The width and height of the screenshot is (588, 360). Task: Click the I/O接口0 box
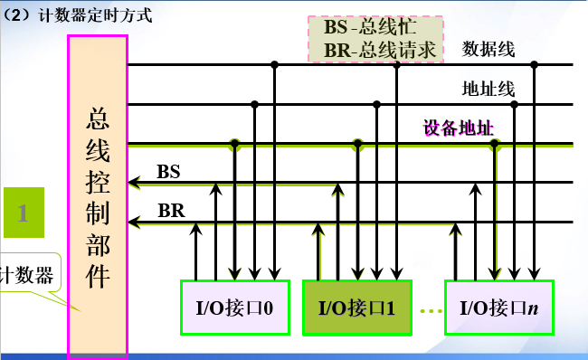click(x=235, y=307)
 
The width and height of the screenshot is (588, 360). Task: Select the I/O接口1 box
click(x=356, y=307)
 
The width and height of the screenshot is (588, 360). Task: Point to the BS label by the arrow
click(x=168, y=171)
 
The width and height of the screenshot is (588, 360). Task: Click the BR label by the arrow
click(x=171, y=210)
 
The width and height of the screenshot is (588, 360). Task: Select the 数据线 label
click(x=488, y=49)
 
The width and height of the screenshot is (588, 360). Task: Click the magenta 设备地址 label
click(x=459, y=128)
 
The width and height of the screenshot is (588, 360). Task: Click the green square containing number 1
click(x=25, y=213)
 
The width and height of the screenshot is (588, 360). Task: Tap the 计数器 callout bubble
click(x=27, y=274)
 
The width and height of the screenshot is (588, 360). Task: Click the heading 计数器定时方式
click(x=87, y=14)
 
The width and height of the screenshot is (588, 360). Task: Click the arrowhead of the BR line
click(x=134, y=222)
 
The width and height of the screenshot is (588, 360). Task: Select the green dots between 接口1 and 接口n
click(x=431, y=309)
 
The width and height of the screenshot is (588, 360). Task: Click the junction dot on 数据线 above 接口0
click(x=274, y=64)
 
